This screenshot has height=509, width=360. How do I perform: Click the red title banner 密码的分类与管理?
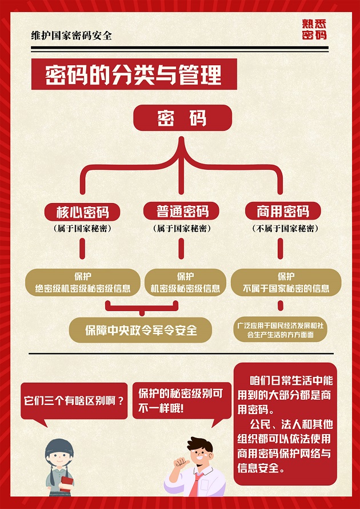point(134,74)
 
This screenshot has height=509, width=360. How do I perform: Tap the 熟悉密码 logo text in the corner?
point(314,29)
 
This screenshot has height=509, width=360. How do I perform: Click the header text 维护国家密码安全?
point(71,35)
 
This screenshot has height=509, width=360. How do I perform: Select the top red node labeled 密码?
point(182,117)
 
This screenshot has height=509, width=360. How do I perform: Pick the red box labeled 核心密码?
point(82,212)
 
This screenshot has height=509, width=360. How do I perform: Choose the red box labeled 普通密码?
point(181,212)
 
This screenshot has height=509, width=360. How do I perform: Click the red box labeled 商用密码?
point(283,212)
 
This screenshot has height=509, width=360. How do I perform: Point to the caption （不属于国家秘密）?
point(285,229)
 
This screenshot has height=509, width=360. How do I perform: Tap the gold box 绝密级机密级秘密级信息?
point(83,283)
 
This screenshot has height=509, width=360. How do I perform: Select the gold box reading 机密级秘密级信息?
point(185,283)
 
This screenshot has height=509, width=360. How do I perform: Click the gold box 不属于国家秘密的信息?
point(286,283)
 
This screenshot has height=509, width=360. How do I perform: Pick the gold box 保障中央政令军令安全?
point(141,330)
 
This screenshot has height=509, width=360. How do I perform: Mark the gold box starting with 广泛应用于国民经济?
point(280,329)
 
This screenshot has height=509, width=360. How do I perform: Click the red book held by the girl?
point(66,484)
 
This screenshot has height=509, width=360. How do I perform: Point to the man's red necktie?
point(196,484)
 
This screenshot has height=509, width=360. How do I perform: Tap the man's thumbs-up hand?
point(181,462)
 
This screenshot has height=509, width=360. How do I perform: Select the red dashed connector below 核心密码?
point(82,248)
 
